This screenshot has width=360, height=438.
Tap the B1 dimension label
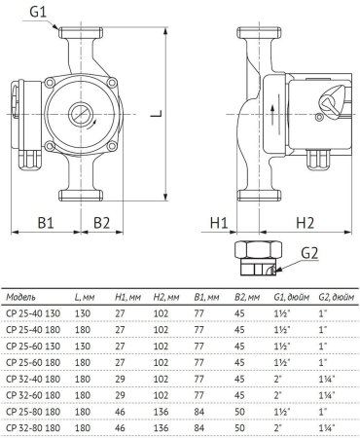coord(47,223)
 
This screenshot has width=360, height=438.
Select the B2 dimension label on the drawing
coord(101,223)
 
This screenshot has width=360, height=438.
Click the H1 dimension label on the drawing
coord(218,223)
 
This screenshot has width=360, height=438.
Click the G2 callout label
coord(309,254)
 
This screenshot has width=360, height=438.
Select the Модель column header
coord(23,296)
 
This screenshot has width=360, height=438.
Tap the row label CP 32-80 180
coord(33,426)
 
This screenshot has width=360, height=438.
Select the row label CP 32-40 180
coord(33,379)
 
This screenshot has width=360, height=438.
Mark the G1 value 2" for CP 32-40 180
coord(278,379)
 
